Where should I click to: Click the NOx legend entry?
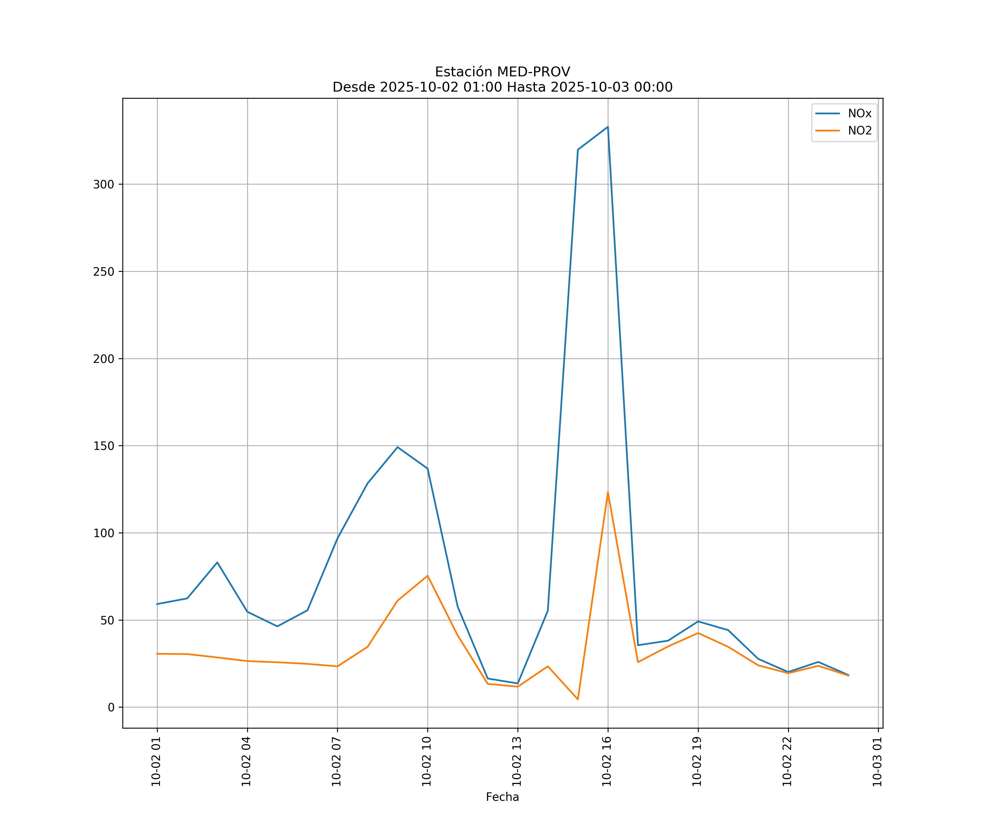[859, 114]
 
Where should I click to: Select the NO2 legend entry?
[859, 131]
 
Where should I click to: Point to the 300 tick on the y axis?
[104, 184]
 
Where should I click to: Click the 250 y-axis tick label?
[104, 272]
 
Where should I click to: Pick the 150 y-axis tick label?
[104, 446]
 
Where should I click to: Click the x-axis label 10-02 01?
[156, 762]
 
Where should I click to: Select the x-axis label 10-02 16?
[607, 762]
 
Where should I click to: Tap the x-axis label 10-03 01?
[877, 762]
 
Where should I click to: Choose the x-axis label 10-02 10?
[426, 762]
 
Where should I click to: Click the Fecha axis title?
[502, 797]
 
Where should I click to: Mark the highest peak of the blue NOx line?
[608, 127]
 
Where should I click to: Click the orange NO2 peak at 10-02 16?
[608, 492]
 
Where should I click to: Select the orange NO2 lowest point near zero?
[578, 699]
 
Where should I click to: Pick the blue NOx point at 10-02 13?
[517, 683]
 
